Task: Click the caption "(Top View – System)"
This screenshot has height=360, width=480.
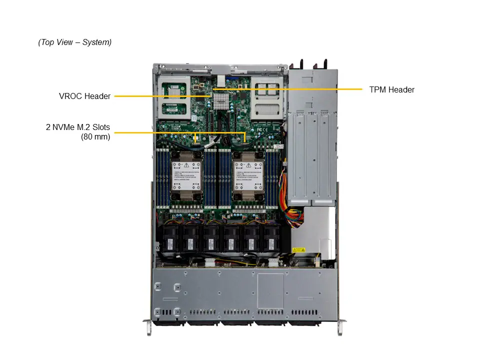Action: [x=75, y=42]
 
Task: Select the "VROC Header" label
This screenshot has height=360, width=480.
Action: [x=84, y=96]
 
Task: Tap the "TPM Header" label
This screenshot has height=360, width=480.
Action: [x=391, y=90]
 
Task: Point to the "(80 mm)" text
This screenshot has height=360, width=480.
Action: [x=95, y=136]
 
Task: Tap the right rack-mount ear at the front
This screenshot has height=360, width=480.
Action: [x=340, y=327]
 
